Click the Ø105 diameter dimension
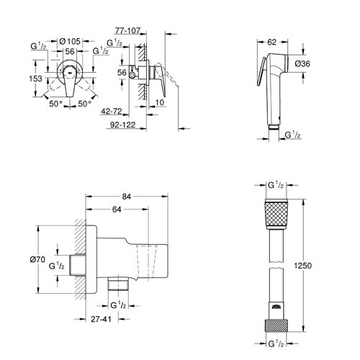click(x=68, y=42)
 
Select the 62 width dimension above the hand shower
click(x=271, y=43)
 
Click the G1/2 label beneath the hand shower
click(x=294, y=135)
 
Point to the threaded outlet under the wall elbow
click(x=117, y=286)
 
